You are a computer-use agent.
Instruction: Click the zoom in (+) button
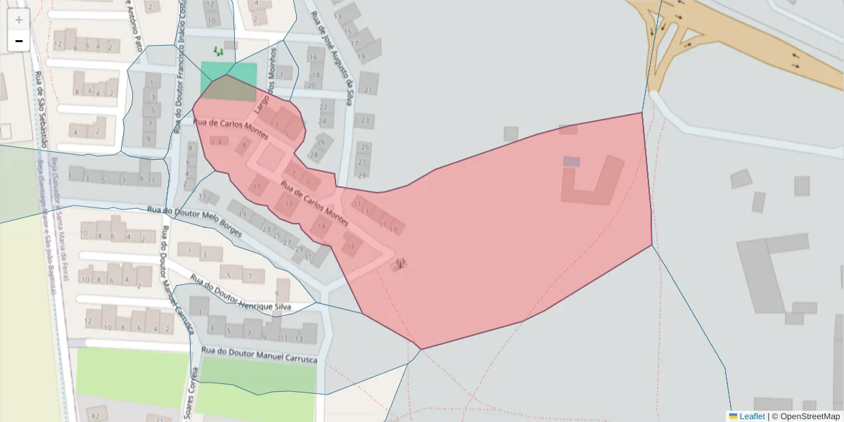coord(19,19)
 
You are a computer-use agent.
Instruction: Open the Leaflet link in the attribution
coord(751,416)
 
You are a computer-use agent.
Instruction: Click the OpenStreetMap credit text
coord(810,416)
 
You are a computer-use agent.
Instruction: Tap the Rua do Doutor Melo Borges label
coord(194,221)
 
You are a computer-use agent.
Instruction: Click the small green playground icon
coord(218,51)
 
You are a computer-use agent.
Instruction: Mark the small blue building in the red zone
coord(571,161)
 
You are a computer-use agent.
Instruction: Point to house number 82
coord(96,416)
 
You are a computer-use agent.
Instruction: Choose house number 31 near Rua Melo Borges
coord(308,256)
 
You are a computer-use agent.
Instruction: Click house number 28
coord(314,154)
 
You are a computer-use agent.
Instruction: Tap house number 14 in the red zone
coord(322,226)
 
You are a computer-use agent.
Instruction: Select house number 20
coord(311,85)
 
